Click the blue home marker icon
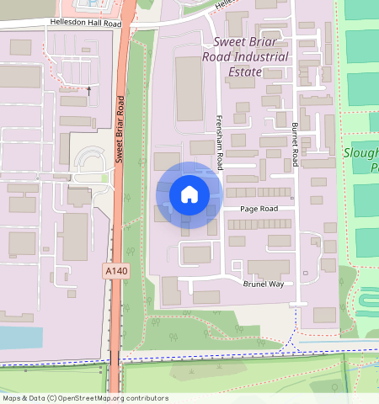pyautogui.click(x=189, y=194)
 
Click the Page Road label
pyautogui.click(x=259, y=209)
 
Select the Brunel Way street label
pyautogui.click(x=264, y=284)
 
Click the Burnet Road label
pyautogui.click(x=295, y=143)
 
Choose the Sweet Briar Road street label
pyautogui.click(x=120, y=128)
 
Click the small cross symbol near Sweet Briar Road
pyautogui.click(x=88, y=88)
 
